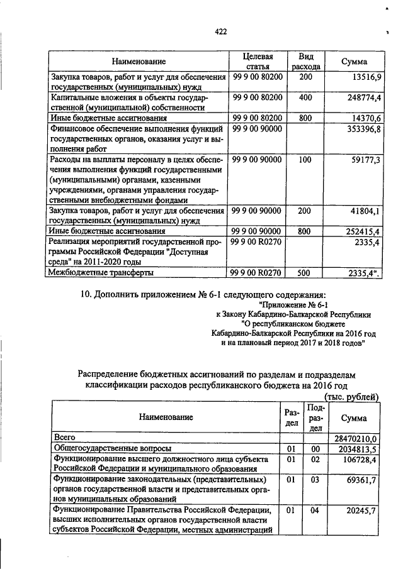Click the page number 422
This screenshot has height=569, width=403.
(220, 31)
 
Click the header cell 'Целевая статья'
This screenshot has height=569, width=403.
(258, 62)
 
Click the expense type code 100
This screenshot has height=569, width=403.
(305, 160)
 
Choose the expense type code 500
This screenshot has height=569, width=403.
(305, 273)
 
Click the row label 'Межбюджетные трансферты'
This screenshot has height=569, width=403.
(101, 273)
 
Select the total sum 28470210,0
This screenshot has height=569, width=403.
(354, 438)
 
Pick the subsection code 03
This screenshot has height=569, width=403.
(315, 480)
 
